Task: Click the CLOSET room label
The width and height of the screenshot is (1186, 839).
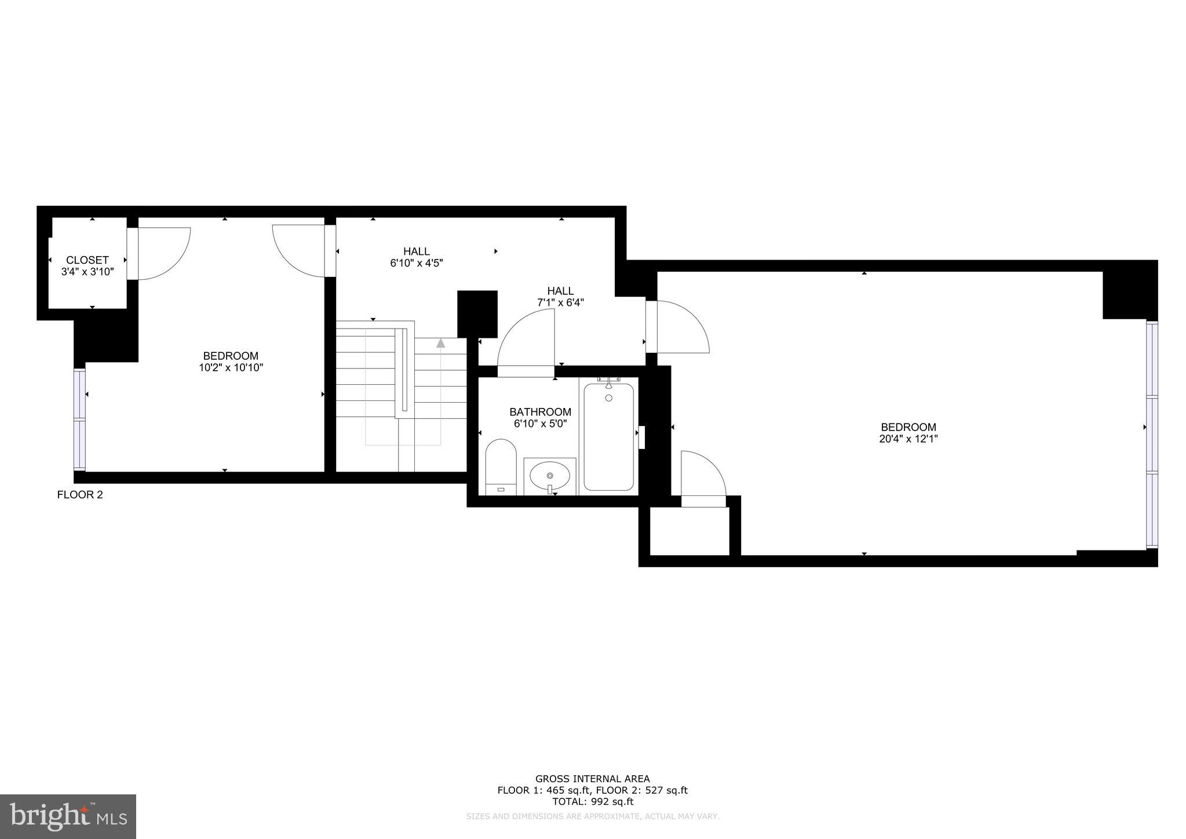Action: [x=87, y=260]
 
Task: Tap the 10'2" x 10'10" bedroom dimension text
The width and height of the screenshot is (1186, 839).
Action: [x=231, y=367]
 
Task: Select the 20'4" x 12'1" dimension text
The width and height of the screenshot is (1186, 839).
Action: [x=908, y=439]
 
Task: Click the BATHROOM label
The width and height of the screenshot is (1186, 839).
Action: [x=540, y=412]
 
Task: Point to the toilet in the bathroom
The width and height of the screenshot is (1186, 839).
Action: [x=501, y=466]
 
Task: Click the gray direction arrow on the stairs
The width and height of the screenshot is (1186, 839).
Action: [x=441, y=343]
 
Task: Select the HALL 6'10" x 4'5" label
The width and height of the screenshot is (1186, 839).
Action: [x=417, y=257]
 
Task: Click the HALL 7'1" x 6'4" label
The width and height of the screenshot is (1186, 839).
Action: [x=560, y=296]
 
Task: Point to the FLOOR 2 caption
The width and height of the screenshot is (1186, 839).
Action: [x=80, y=495]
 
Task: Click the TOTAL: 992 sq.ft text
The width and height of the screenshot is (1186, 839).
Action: [x=592, y=802]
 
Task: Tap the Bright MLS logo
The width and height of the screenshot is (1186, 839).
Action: [x=68, y=816]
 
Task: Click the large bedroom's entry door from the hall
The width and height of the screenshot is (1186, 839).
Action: [x=681, y=327]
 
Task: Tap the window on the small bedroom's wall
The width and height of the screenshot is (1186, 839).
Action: [x=80, y=419]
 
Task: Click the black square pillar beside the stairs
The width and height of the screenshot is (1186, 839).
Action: [x=477, y=313]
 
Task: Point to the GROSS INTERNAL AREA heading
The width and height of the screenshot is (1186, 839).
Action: [x=592, y=779]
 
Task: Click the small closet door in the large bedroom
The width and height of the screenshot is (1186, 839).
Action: [x=703, y=478]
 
